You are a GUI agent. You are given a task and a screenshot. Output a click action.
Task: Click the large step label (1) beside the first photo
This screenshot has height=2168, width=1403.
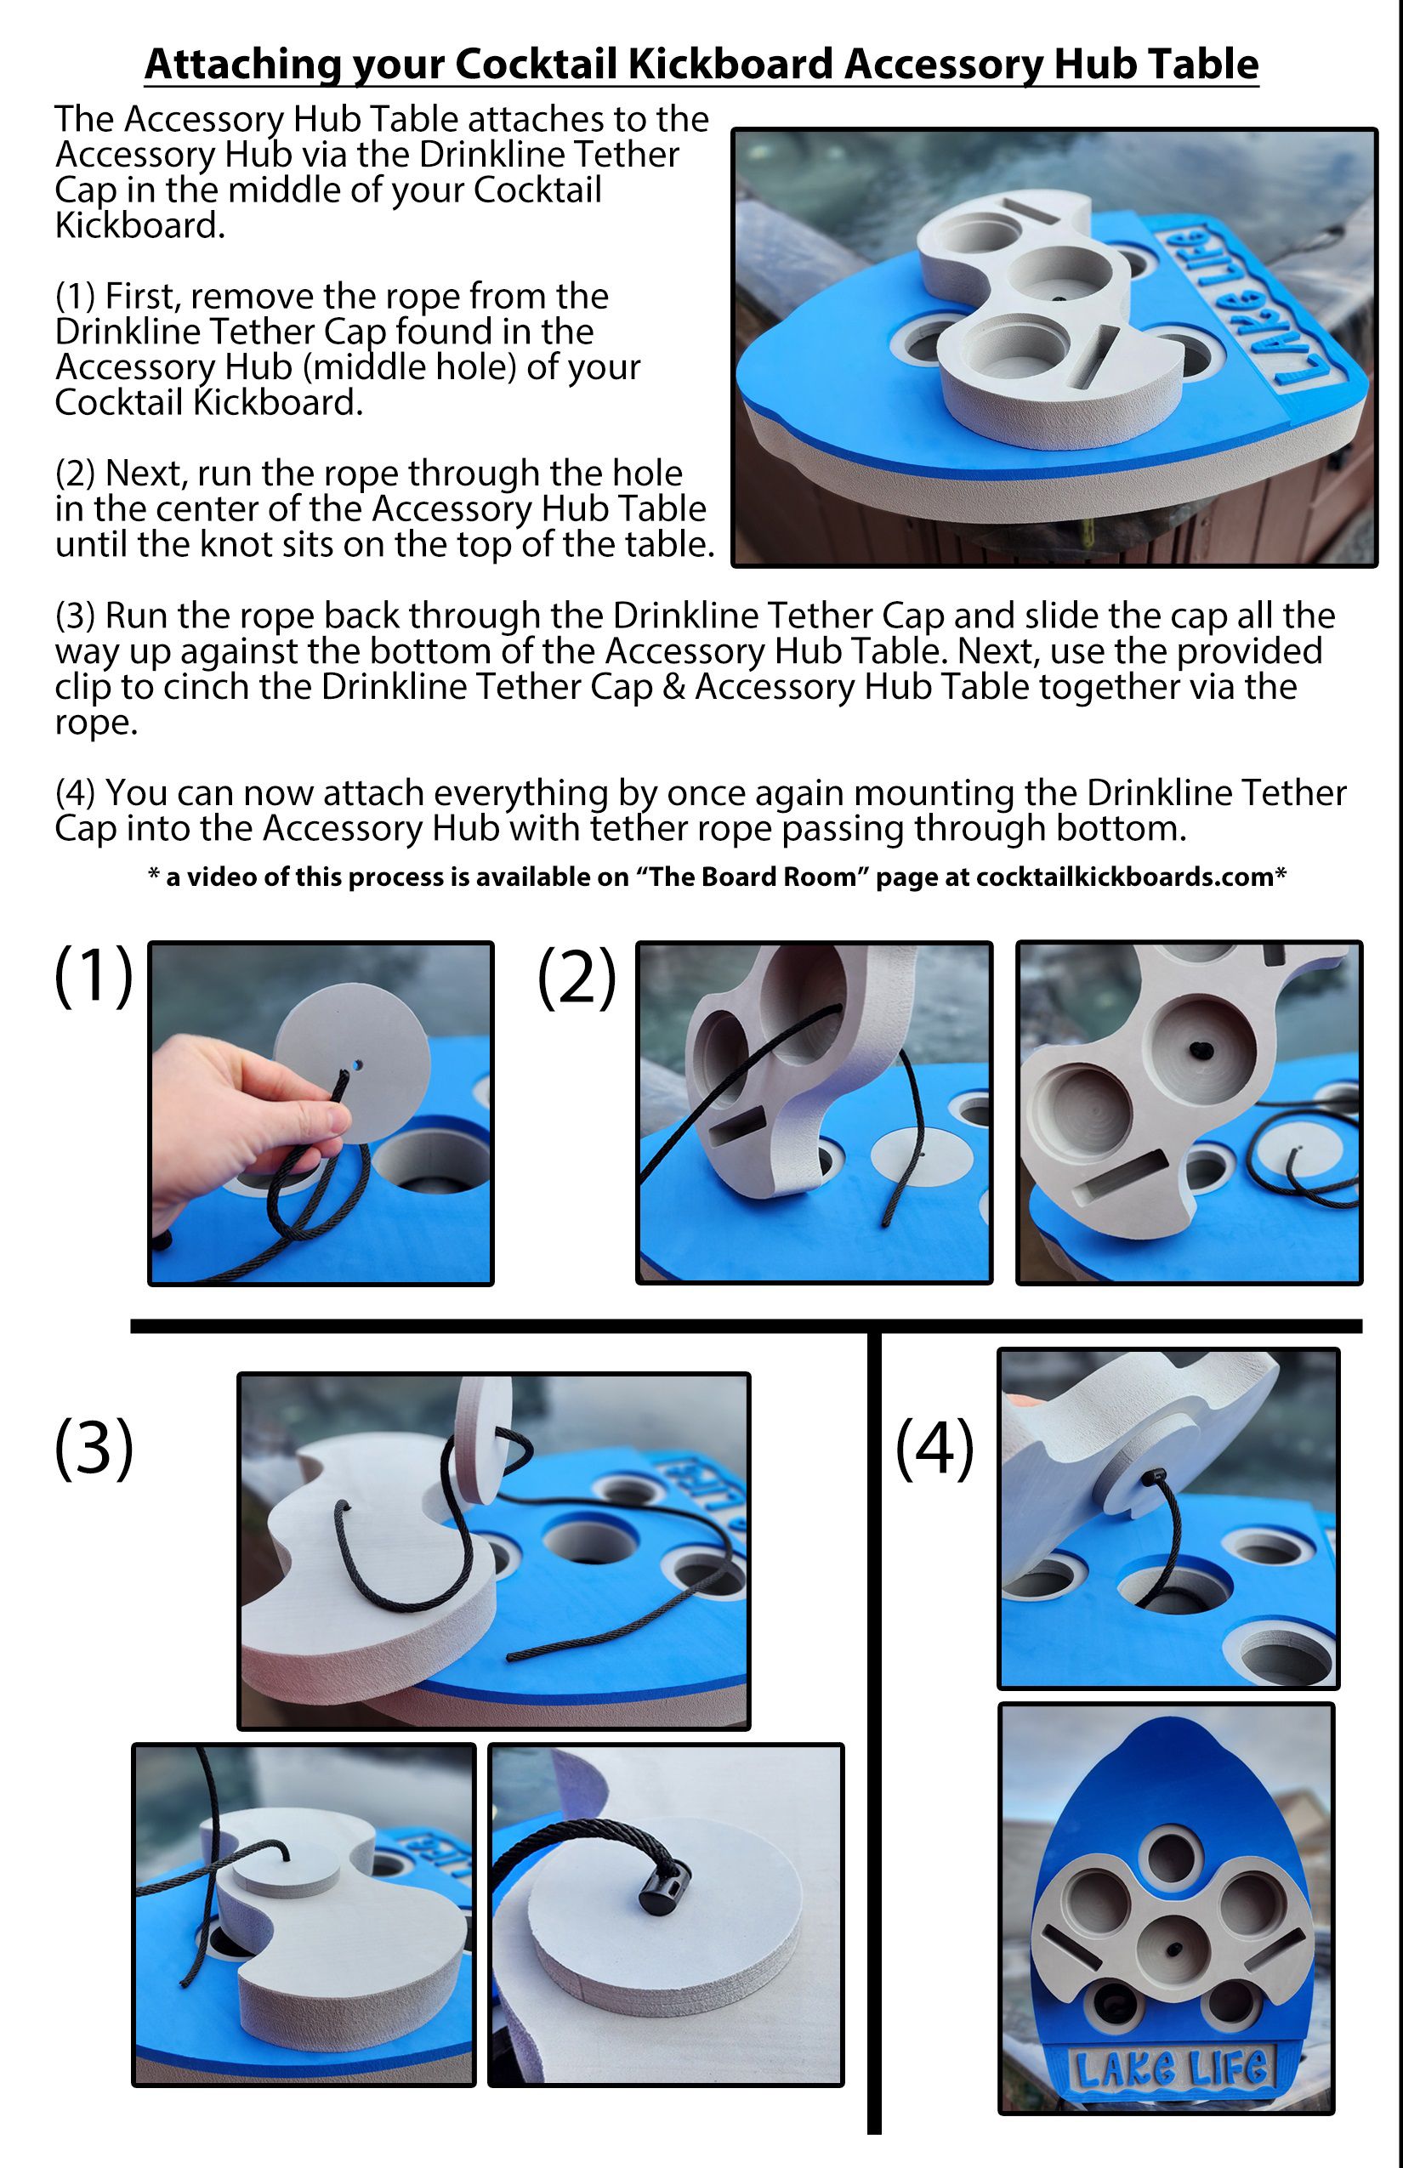(94, 976)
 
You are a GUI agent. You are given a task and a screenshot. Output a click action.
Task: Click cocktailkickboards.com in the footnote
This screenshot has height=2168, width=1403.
(1124, 877)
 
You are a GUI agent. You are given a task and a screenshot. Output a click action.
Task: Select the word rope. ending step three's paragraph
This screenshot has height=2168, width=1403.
(95, 724)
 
